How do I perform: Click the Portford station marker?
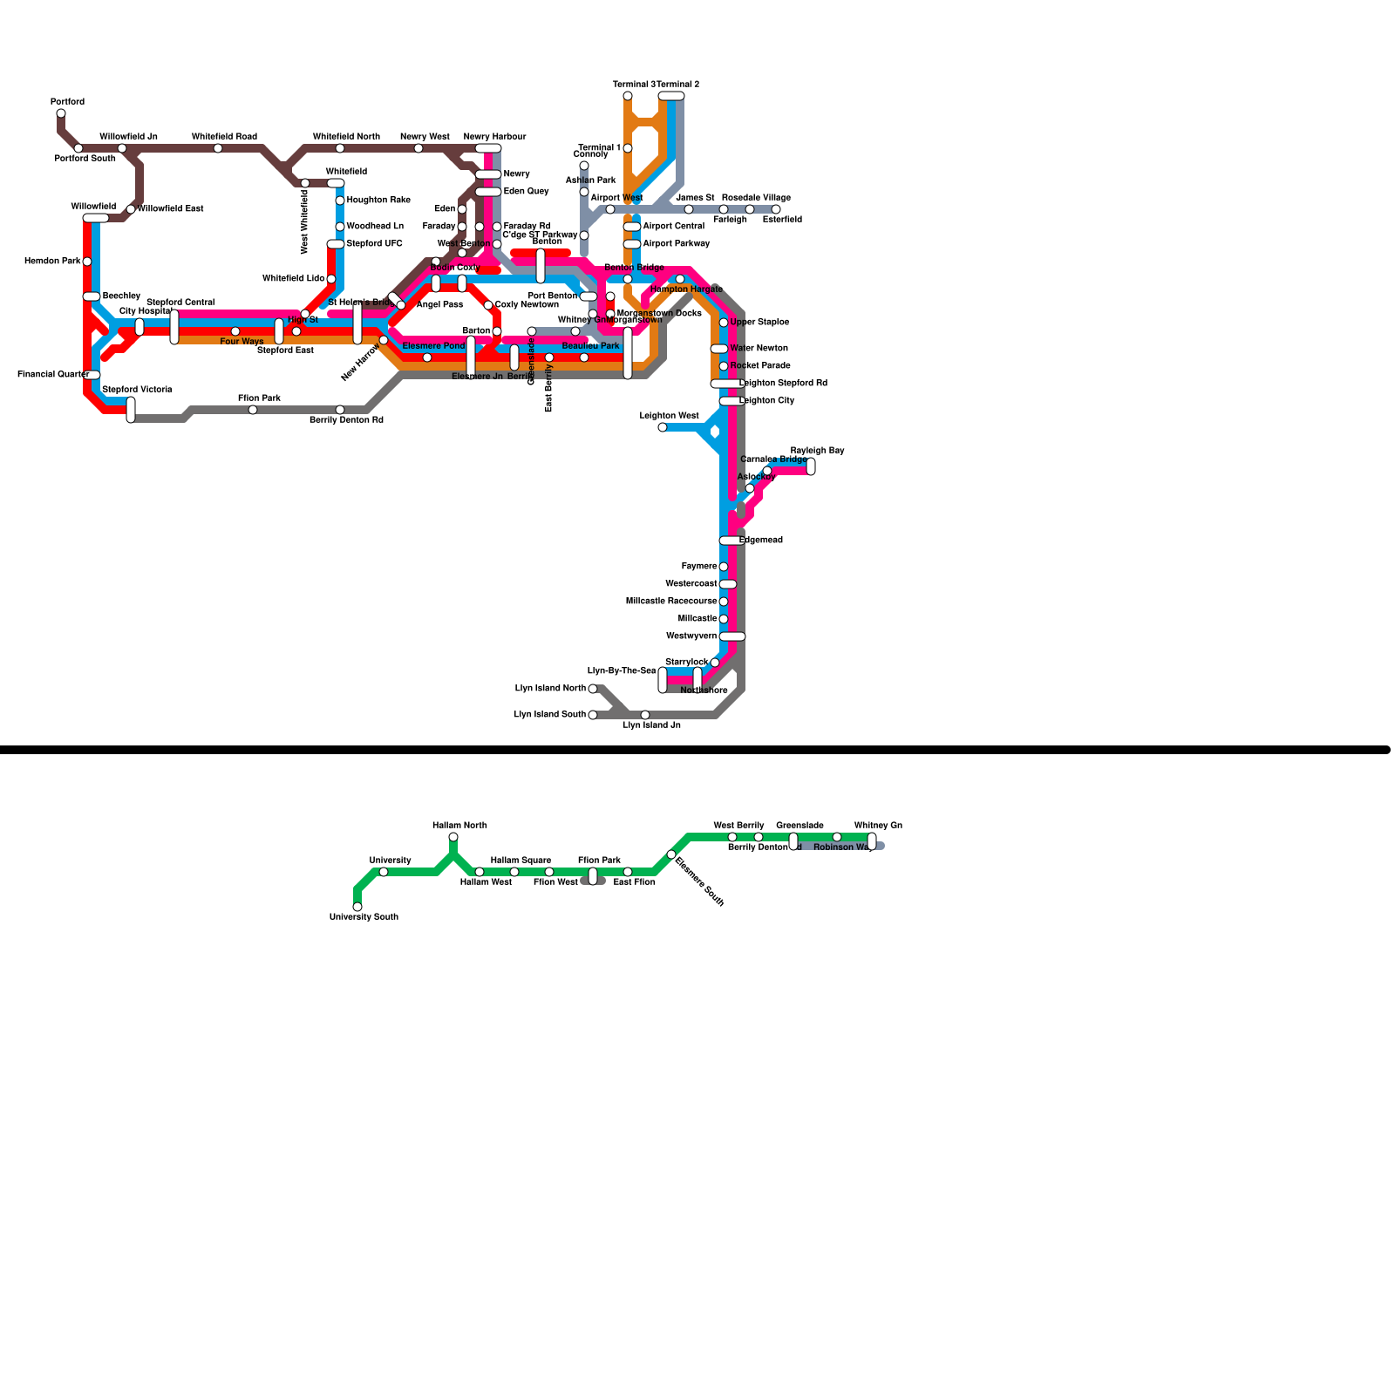click(x=61, y=113)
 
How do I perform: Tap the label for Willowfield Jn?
click(x=128, y=137)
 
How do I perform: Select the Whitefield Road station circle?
click(x=218, y=148)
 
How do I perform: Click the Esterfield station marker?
click(x=776, y=209)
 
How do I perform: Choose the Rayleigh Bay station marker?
click(x=811, y=466)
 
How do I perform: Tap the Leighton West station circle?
click(x=663, y=427)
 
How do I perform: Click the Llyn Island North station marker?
click(x=593, y=689)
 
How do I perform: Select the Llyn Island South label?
click(x=549, y=715)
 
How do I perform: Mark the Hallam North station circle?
click(x=453, y=837)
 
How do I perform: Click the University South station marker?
click(x=357, y=907)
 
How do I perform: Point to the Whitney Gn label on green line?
click(x=878, y=826)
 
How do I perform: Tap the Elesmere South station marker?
click(x=671, y=854)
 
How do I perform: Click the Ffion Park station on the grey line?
click(x=253, y=410)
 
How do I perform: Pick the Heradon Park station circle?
click(x=87, y=262)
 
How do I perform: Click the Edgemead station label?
click(x=761, y=541)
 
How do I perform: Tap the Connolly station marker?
click(x=584, y=166)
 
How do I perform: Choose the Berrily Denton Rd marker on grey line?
click(x=340, y=410)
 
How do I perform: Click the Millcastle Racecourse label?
click(x=671, y=602)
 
